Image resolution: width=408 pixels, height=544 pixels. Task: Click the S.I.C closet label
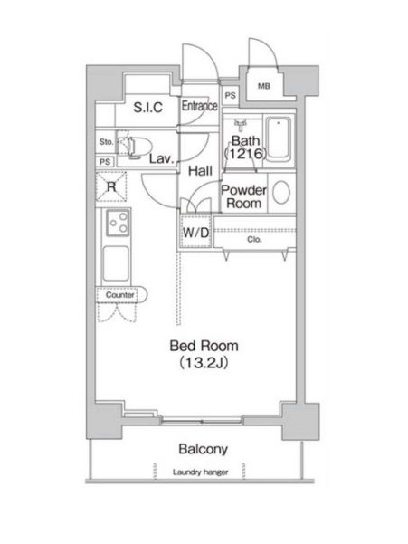147,108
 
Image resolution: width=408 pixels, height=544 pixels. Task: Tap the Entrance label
199,106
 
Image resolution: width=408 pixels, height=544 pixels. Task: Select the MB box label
263,87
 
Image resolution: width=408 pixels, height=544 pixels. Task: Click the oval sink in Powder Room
282,194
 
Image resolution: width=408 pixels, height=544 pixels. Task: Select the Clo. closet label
254,241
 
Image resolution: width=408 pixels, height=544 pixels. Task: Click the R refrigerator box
112,187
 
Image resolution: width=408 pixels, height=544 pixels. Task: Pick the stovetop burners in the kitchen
118,221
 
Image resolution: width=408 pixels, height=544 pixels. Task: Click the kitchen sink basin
118,262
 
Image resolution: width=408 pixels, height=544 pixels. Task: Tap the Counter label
119,295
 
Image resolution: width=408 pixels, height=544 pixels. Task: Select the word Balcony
202,449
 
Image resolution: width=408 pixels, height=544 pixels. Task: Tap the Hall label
200,170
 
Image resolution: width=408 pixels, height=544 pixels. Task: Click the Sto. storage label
106,142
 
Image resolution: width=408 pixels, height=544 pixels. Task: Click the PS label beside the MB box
230,94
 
